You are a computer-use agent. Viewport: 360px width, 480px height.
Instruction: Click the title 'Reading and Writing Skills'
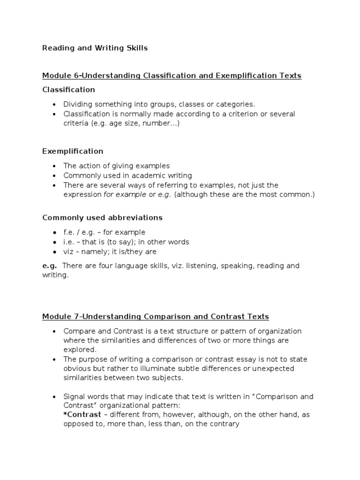pyautogui.click(x=95, y=48)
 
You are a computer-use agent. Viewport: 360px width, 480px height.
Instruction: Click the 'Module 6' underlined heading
pyautogui.click(x=172, y=75)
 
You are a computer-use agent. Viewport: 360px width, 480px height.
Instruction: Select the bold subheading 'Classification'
pyautogui.click(x=68, y=89)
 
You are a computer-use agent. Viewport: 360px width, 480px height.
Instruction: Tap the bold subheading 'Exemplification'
pyautogui.click(x=73, y=151)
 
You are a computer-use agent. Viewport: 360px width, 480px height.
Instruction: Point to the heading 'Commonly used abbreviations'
pyautogui.click(x=102, y=217)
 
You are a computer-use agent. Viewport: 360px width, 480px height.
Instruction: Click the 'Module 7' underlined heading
pyautogui.click(x=156, y=316)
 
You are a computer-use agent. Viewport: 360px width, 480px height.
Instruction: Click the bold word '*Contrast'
pyautogui.click(x=82, y=415)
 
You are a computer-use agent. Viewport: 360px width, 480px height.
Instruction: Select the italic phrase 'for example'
pyautogui.click(x=125, y=195)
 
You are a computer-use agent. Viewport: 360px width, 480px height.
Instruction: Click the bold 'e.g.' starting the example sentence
pyautogui.click(x=50, y=265)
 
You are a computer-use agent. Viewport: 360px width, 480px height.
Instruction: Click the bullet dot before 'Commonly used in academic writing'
pyautogui.click(x=55, y=176)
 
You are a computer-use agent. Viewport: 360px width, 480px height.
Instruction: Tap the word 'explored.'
pyautogui.click(x=80, y=349)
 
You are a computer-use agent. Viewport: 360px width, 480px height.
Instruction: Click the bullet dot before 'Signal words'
pyautogui.click(x=55, y=397)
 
